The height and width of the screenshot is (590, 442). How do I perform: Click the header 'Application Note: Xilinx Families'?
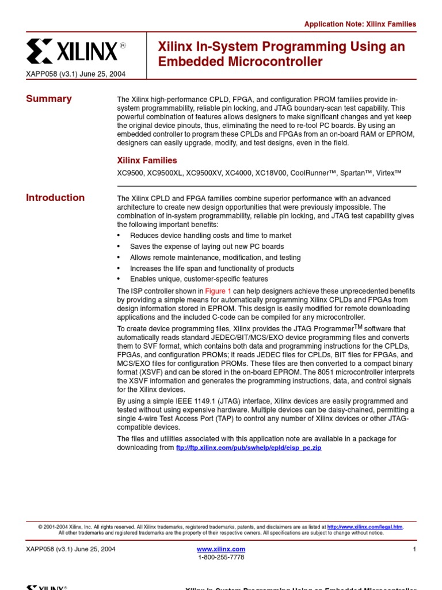pos(360,24)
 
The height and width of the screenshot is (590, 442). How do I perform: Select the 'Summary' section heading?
pos(49,99)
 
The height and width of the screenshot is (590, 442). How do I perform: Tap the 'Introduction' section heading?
pos(55,198)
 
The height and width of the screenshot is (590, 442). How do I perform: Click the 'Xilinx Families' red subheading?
pos(147,160)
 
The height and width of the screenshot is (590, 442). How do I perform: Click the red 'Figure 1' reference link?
pos(218,292)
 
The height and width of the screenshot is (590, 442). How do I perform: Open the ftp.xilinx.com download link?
pos(249,448)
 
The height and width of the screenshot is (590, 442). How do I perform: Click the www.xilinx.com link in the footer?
pos(221,549)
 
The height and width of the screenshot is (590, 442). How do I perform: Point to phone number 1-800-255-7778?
pos(221,557)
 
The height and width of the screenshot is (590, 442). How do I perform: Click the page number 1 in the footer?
pos(414,549)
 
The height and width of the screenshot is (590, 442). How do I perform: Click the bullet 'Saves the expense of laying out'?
pos(207,247)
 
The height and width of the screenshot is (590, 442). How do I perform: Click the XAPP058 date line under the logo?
pos(76,74)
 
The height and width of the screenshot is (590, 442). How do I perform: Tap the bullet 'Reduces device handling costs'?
pos(211,236)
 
